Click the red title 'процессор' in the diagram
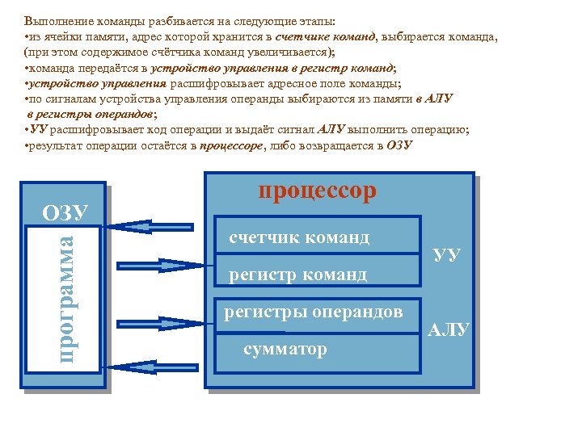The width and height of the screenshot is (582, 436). coord(317,191)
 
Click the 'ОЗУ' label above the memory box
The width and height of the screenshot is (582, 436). coord(65,212)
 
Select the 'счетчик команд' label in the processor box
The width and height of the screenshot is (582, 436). coord(299,237)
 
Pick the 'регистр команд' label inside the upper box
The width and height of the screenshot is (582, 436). coord(297,275)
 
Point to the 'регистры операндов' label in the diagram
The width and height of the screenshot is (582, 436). coord(313,312)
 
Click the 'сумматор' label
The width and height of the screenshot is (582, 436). coord(285,349)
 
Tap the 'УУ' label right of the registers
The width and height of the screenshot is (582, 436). coord(447,255)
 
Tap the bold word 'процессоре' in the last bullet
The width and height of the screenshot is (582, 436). coord(230,145)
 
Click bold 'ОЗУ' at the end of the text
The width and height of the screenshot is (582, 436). coord(399,145)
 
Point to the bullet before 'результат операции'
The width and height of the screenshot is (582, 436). coord(27,146)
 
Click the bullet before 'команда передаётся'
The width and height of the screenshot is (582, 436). coord(27,69)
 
